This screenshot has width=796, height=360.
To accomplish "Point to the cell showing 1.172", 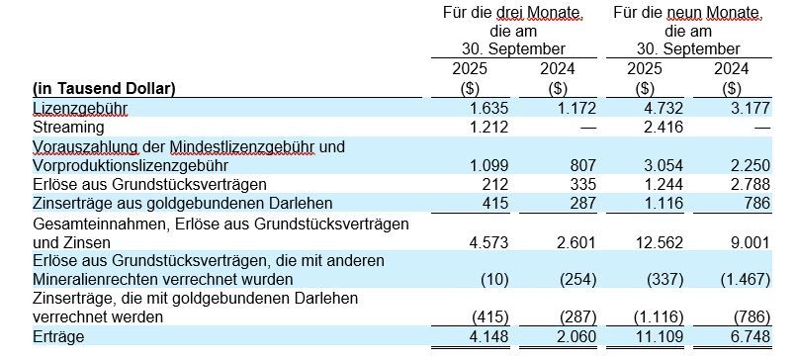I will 576,107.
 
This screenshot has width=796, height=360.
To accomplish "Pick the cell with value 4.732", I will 664,107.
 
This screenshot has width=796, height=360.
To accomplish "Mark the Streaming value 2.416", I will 664,126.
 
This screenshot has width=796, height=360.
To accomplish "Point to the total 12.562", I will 661,241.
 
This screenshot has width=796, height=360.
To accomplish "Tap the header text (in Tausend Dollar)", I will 105,87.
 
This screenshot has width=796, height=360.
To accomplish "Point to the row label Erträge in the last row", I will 58,337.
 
